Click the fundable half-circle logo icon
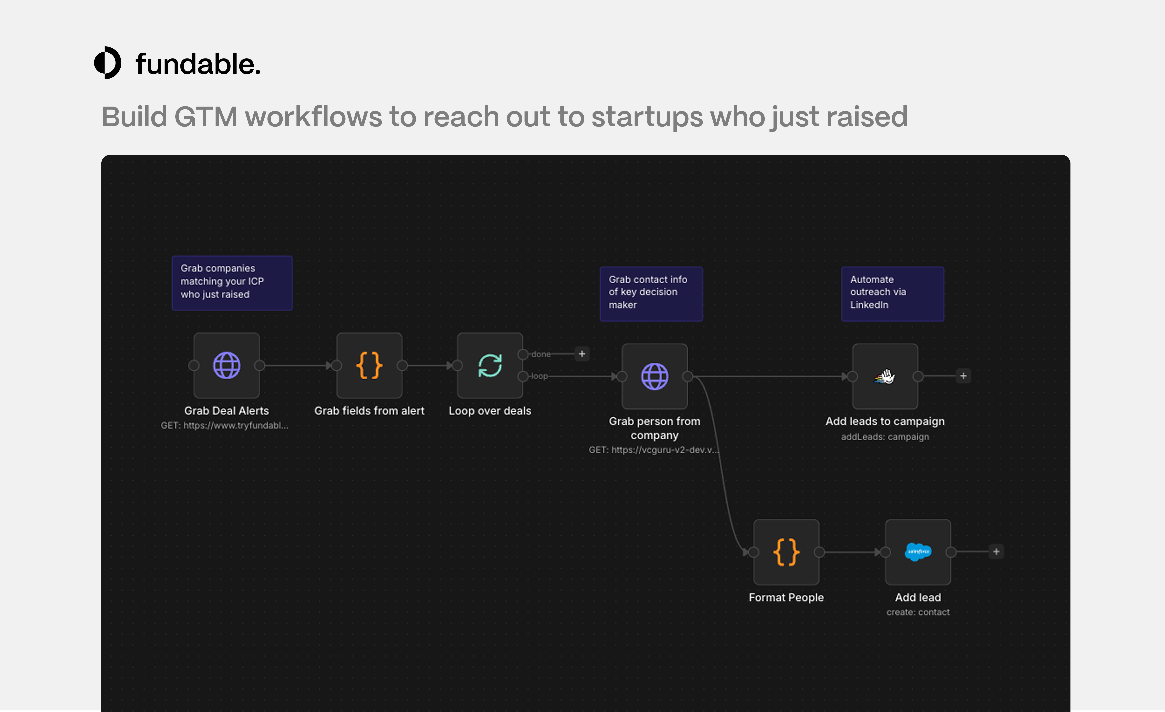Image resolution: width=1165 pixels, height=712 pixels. [x=108, y=63]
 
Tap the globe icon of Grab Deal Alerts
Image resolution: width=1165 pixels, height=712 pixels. [x=227, y=365]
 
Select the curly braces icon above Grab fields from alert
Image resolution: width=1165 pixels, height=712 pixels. [x=369, y=365]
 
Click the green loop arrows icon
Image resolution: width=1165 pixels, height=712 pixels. [x=490, y=365]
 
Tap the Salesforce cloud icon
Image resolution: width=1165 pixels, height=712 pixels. [x=918, y=552]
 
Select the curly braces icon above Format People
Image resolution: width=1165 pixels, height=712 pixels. [x=786, y=552]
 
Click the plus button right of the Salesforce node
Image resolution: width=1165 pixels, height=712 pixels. [x=996, y=552]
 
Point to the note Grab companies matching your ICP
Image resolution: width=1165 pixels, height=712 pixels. [x=232, y=282]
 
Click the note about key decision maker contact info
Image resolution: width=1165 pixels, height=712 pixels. [x=651, y=293]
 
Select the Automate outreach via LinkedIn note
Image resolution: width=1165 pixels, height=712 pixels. [x=892, y=293]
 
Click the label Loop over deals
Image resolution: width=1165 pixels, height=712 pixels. [x=490, y=411]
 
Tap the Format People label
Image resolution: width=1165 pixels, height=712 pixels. [x=786, y=598]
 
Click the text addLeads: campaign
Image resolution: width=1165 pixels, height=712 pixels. [x=885, y=437]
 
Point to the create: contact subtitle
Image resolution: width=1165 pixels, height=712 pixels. [x=918, y=612]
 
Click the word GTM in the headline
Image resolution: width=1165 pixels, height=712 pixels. [x=206, y=117]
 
